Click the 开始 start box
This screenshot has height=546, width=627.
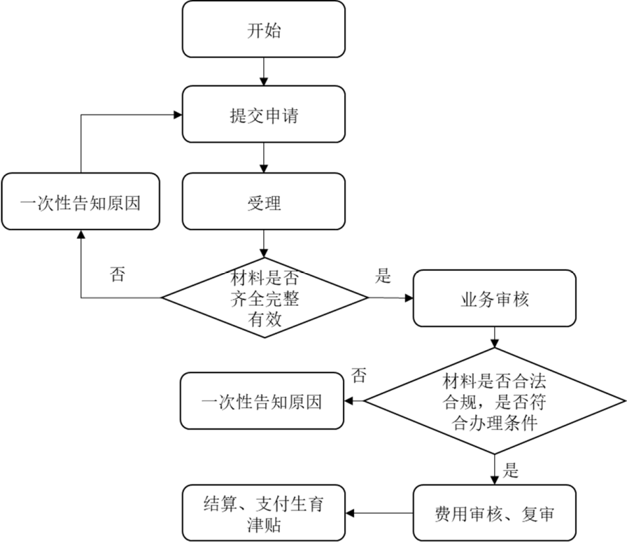tap(264, 29)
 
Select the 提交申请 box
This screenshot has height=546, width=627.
tap(264, 115)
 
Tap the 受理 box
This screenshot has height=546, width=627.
tap(264, 203)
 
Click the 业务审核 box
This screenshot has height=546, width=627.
tap(495, 298)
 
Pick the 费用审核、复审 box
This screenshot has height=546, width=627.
tap(495, 514)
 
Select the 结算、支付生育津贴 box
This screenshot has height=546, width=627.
tap(263, 514)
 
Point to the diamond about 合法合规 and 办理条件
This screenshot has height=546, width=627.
tap(495, 402)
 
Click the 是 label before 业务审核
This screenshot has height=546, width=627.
tap(383, 276)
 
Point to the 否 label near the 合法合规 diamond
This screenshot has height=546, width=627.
tap(358, 376)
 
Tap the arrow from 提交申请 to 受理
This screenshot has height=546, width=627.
tap(264, 158)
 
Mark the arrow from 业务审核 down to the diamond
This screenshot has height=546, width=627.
tap(495, 337)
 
